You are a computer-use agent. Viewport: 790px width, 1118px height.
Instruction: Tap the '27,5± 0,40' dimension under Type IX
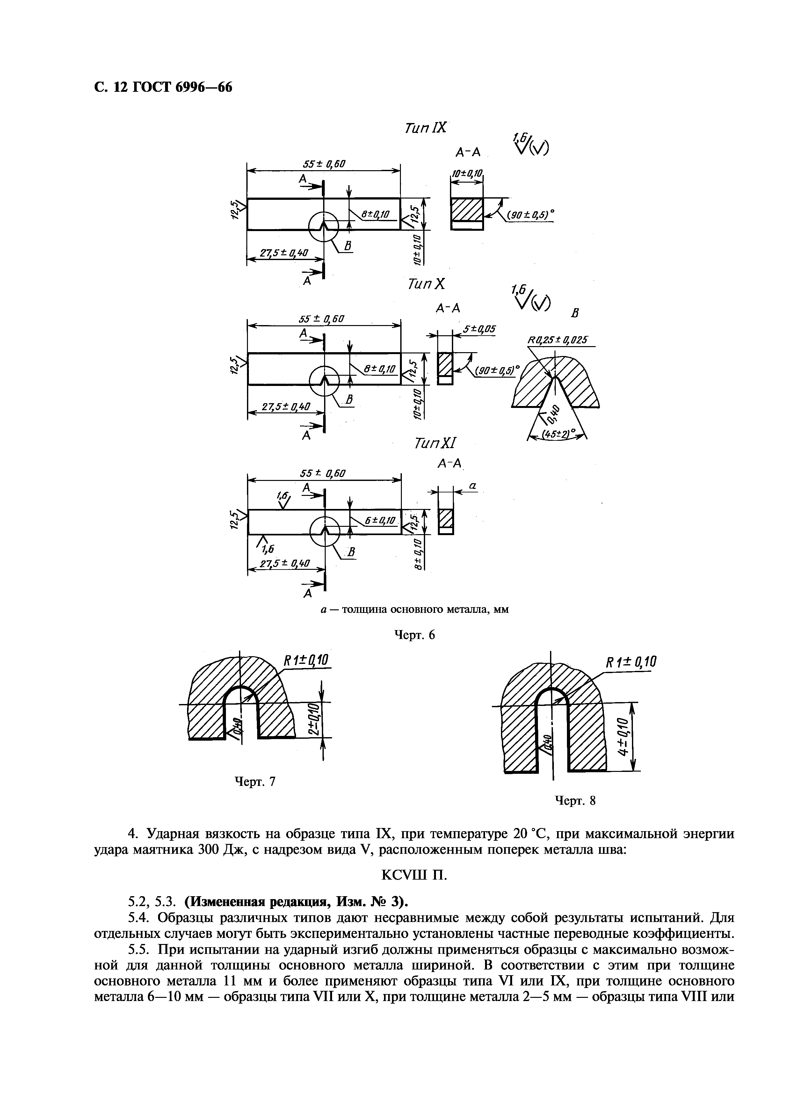click(284, 253)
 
